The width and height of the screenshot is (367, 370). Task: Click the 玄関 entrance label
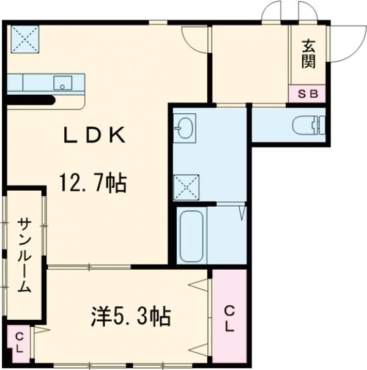coord(308,54)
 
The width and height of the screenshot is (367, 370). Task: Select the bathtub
coord(191,235)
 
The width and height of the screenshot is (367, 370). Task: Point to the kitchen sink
coord(63,83)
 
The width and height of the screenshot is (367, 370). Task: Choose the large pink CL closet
coord(229,318)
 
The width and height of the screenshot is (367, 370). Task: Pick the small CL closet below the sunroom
coord(19,343)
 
